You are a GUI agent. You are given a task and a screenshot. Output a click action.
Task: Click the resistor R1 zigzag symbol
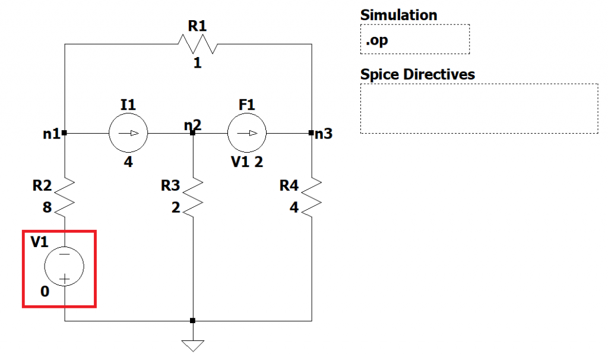click(x=197, y=44)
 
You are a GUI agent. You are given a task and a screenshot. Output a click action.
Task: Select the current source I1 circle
click(x=128, y=133)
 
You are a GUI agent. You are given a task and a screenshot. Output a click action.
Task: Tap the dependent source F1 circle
click(x=246, y=133)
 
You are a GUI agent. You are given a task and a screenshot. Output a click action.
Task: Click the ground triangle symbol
click(x=192, y=345)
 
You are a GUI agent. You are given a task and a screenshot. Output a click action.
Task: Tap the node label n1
click(x=52, y=134)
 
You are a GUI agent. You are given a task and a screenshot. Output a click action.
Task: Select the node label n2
click(x=192, y=125)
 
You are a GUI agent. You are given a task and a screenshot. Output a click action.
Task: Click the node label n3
click(x=324, y=134)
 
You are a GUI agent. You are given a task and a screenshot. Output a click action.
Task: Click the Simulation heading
click(x=398, y=15)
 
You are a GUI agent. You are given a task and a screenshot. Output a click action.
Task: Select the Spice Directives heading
click(x=417, y=75)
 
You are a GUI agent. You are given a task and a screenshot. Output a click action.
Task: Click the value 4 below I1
click(x=128, y=162)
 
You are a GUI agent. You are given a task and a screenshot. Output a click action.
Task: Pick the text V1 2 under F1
click(x=246, y=162)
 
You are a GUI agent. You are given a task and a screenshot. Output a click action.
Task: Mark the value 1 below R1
click(x=197, y=62)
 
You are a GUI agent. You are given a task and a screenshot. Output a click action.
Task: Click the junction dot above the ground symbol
click(x=192, y=321)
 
